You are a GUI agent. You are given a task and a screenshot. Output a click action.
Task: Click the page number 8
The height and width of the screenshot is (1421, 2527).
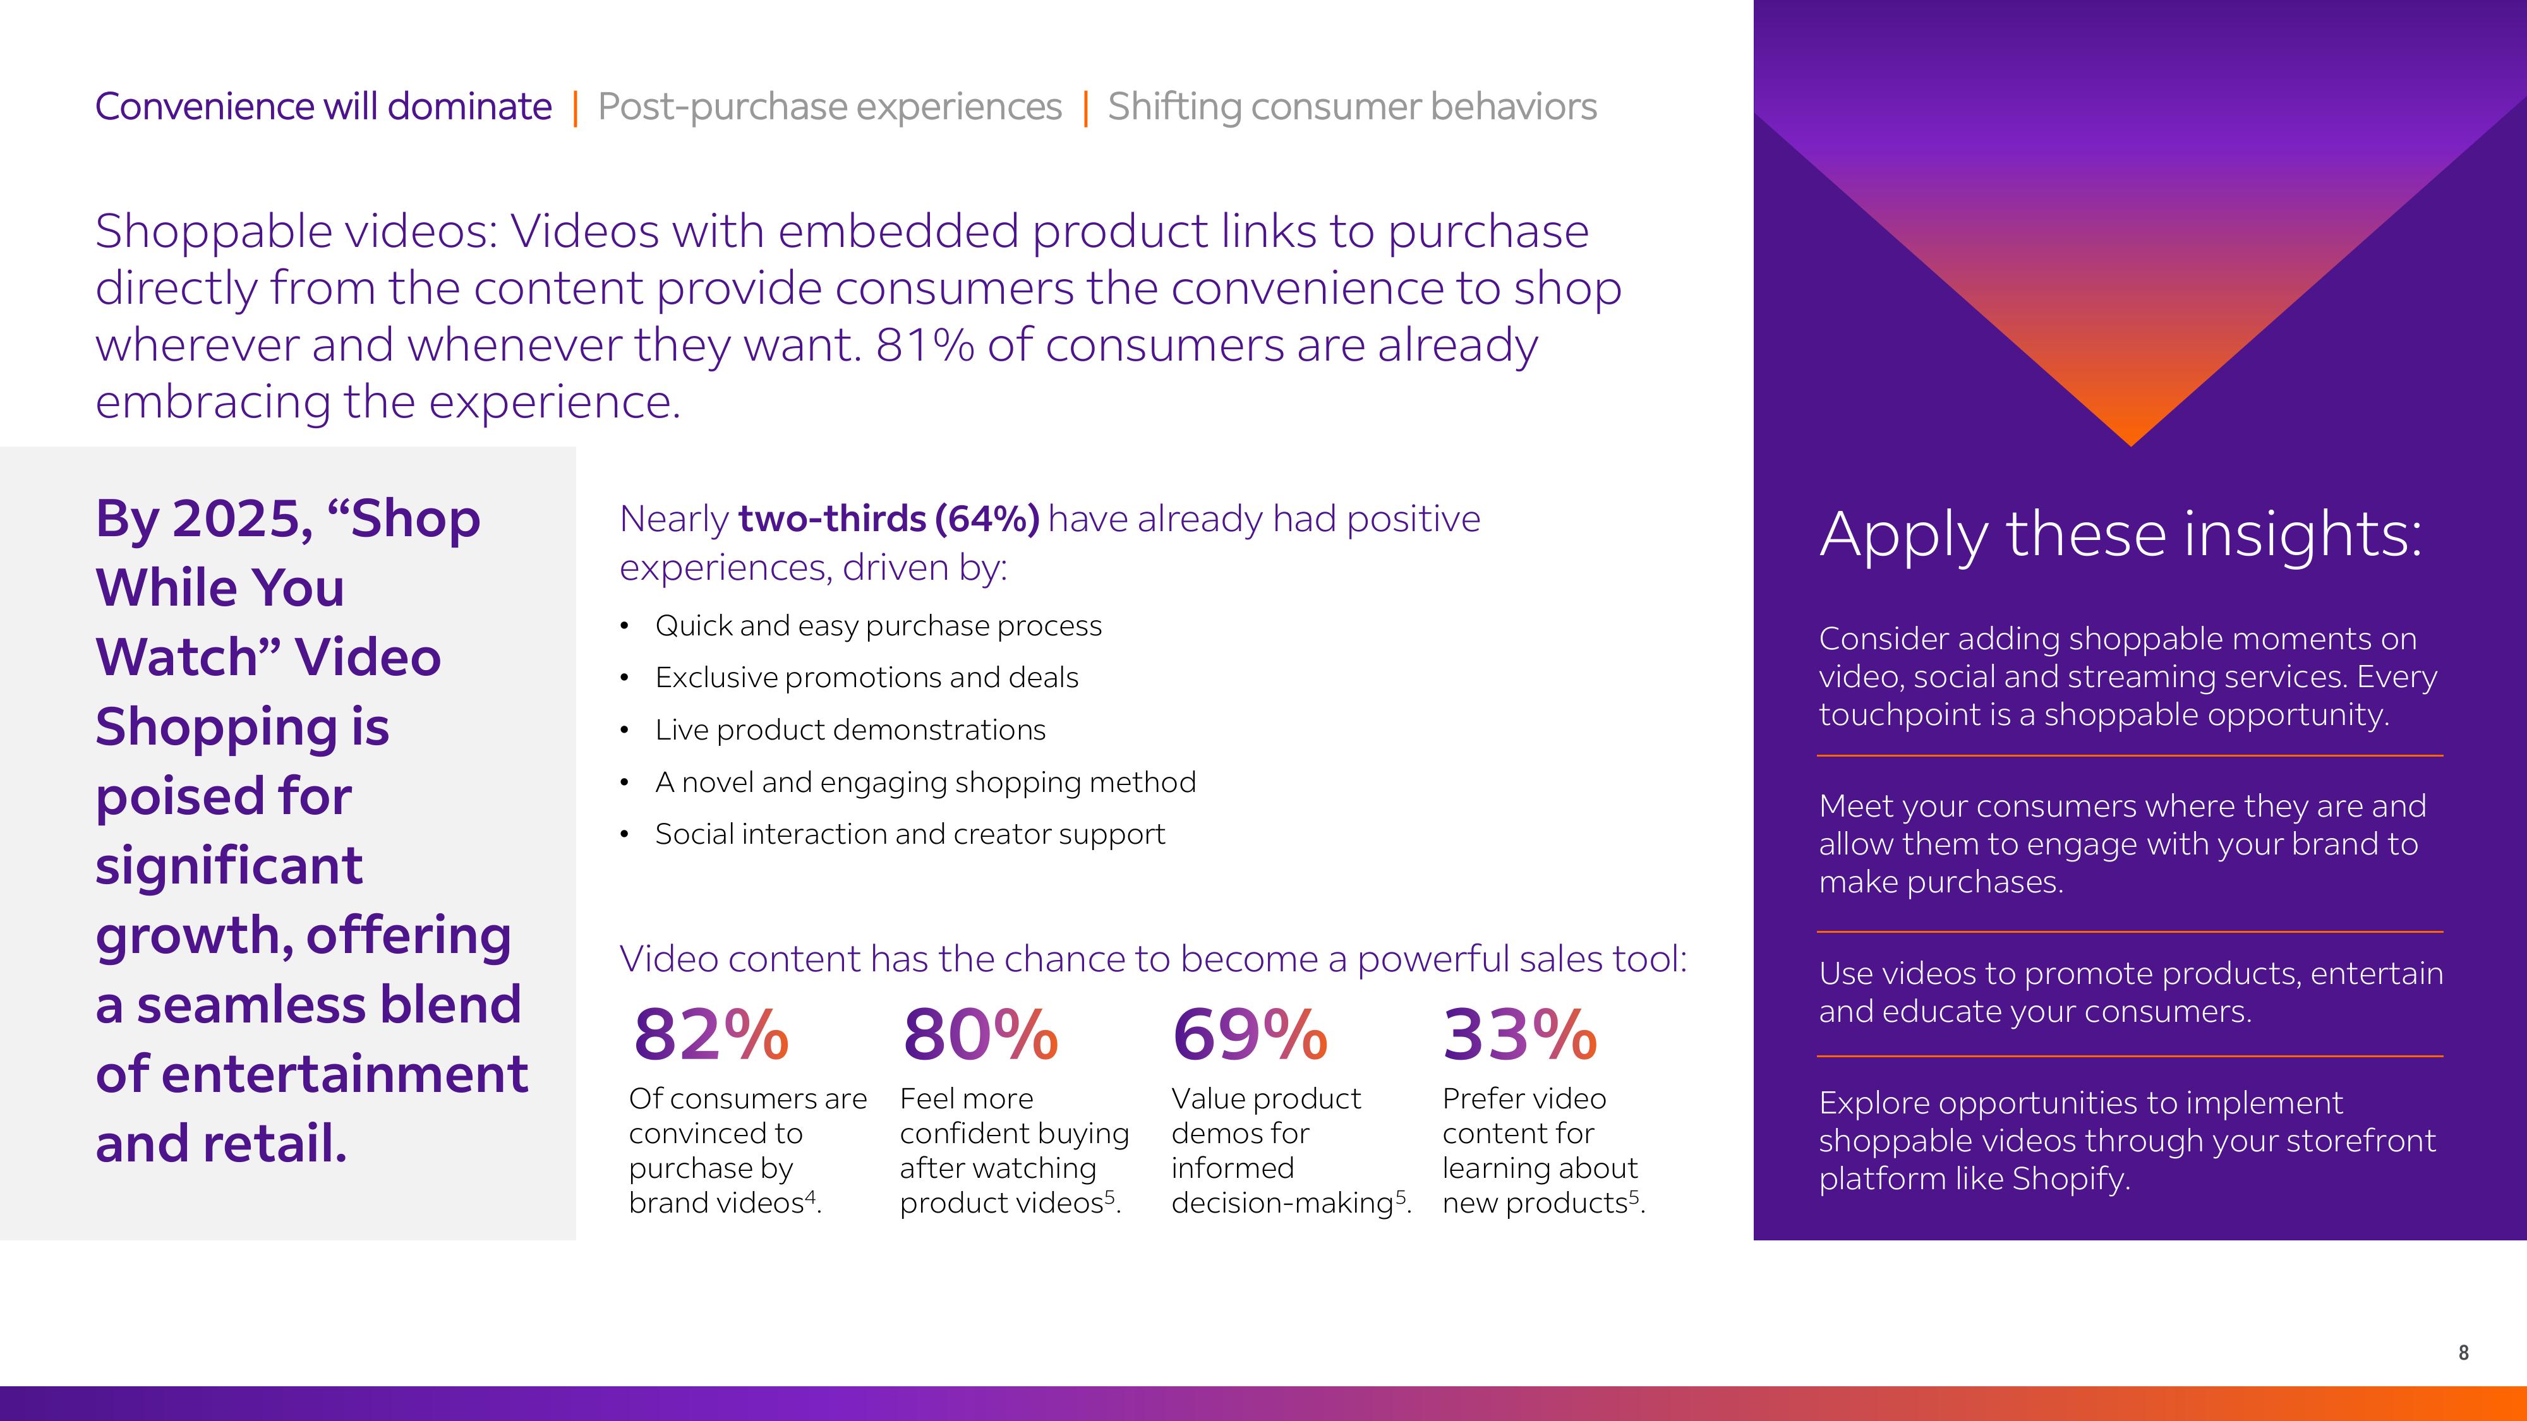2463,1352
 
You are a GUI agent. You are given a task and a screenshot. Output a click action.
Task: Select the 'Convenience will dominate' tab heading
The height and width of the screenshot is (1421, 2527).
323,106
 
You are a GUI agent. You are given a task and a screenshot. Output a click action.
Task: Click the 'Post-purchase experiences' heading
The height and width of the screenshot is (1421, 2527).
829,106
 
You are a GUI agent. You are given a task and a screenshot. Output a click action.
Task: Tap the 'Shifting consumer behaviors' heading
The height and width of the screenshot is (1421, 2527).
1352,106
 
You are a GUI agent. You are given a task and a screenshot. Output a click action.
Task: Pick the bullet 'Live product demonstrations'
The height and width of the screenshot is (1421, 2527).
850,729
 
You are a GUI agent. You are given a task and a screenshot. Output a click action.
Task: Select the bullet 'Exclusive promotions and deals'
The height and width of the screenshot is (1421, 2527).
866,678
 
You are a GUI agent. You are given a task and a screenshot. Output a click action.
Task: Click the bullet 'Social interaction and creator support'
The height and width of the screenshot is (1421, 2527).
909,834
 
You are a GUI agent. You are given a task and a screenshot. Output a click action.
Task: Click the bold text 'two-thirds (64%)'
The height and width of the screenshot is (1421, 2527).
888,519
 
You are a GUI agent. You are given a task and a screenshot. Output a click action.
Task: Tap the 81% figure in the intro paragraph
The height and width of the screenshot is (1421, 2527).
924,345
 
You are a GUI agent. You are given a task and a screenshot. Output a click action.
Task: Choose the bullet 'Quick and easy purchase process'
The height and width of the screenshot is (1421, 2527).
878,626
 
